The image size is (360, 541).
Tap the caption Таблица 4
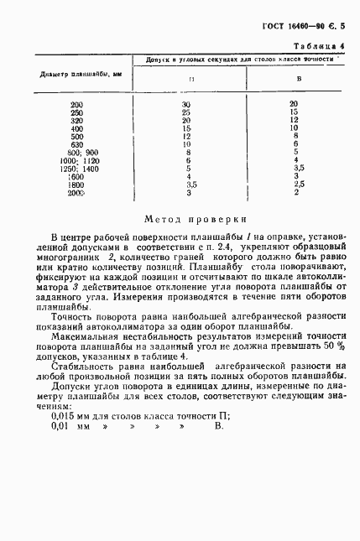click(318, 45)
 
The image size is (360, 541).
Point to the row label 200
click(77, 103)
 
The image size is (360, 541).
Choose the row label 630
click(77, 144)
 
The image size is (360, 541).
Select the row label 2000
click(76, 193)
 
